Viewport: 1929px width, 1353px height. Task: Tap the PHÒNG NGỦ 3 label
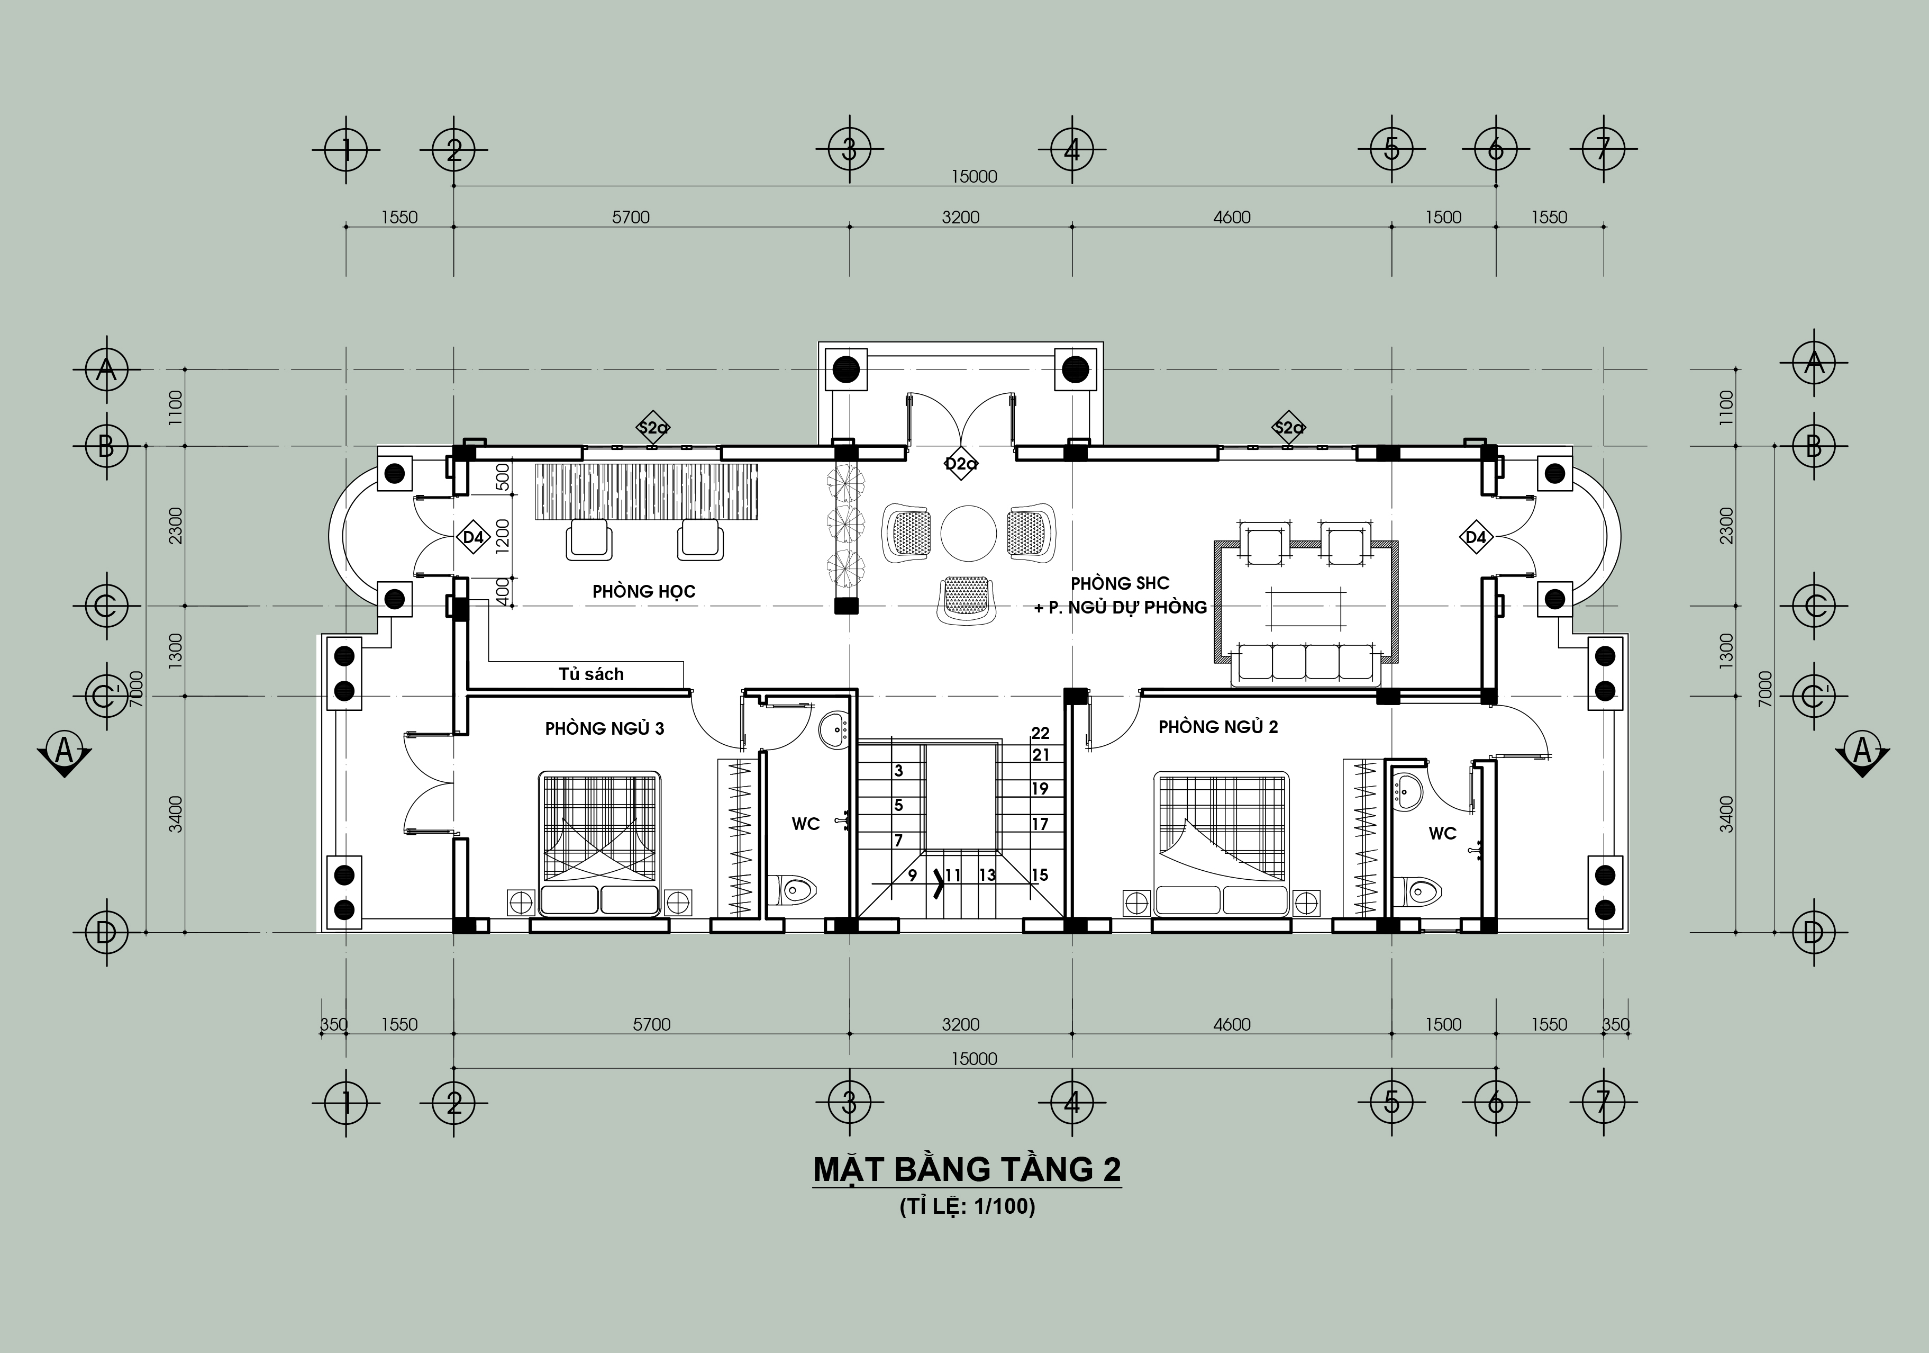coord(604,728)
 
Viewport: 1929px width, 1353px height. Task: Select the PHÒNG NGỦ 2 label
coord(1218,727)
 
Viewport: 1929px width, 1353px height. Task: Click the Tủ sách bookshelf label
coord(592,674)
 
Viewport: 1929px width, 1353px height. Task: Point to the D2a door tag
coord(959,463)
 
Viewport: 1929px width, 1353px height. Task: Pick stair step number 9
coord(913,876)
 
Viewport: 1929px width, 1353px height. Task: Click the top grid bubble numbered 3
coord(849,150)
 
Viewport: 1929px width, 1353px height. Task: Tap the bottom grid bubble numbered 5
coord(1391,1102)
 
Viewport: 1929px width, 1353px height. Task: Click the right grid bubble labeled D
coord(1813,932)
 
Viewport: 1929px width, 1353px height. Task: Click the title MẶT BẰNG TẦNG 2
coord(967,1170)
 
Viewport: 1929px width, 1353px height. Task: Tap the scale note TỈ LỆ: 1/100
coord(967,1207)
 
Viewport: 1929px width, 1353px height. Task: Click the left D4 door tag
coord(473,537)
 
